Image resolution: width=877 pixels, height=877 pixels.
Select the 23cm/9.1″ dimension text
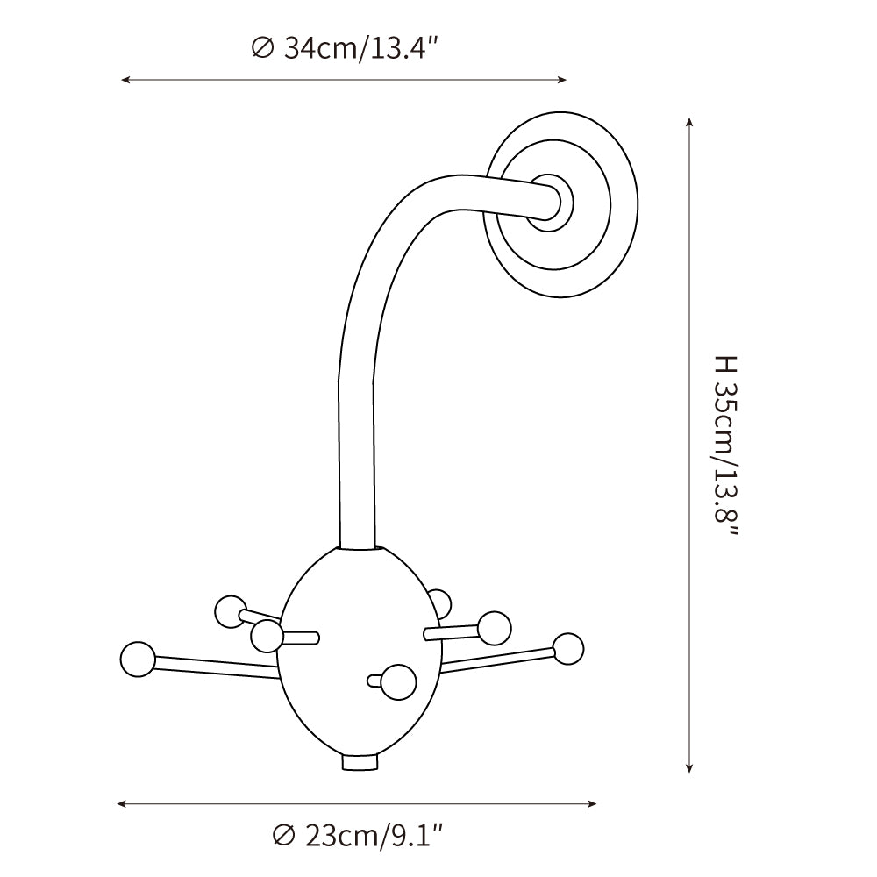(x=372, y=835)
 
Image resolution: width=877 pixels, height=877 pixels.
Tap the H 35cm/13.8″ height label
(x=727, y=447)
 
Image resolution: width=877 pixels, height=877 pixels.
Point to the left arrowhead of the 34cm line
(x=125, y=80)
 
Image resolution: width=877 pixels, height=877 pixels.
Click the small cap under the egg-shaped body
(x=360, y=763)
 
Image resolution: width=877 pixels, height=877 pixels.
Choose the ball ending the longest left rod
(x=138, y=660)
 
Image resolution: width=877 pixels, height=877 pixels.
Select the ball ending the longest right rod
(x=567, y=648)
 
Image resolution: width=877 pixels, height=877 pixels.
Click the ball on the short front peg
(x=399, y=681)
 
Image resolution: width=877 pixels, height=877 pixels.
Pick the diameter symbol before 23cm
(x=283, y=835)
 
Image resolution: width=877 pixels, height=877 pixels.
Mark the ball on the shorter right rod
(x=495, y=627)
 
